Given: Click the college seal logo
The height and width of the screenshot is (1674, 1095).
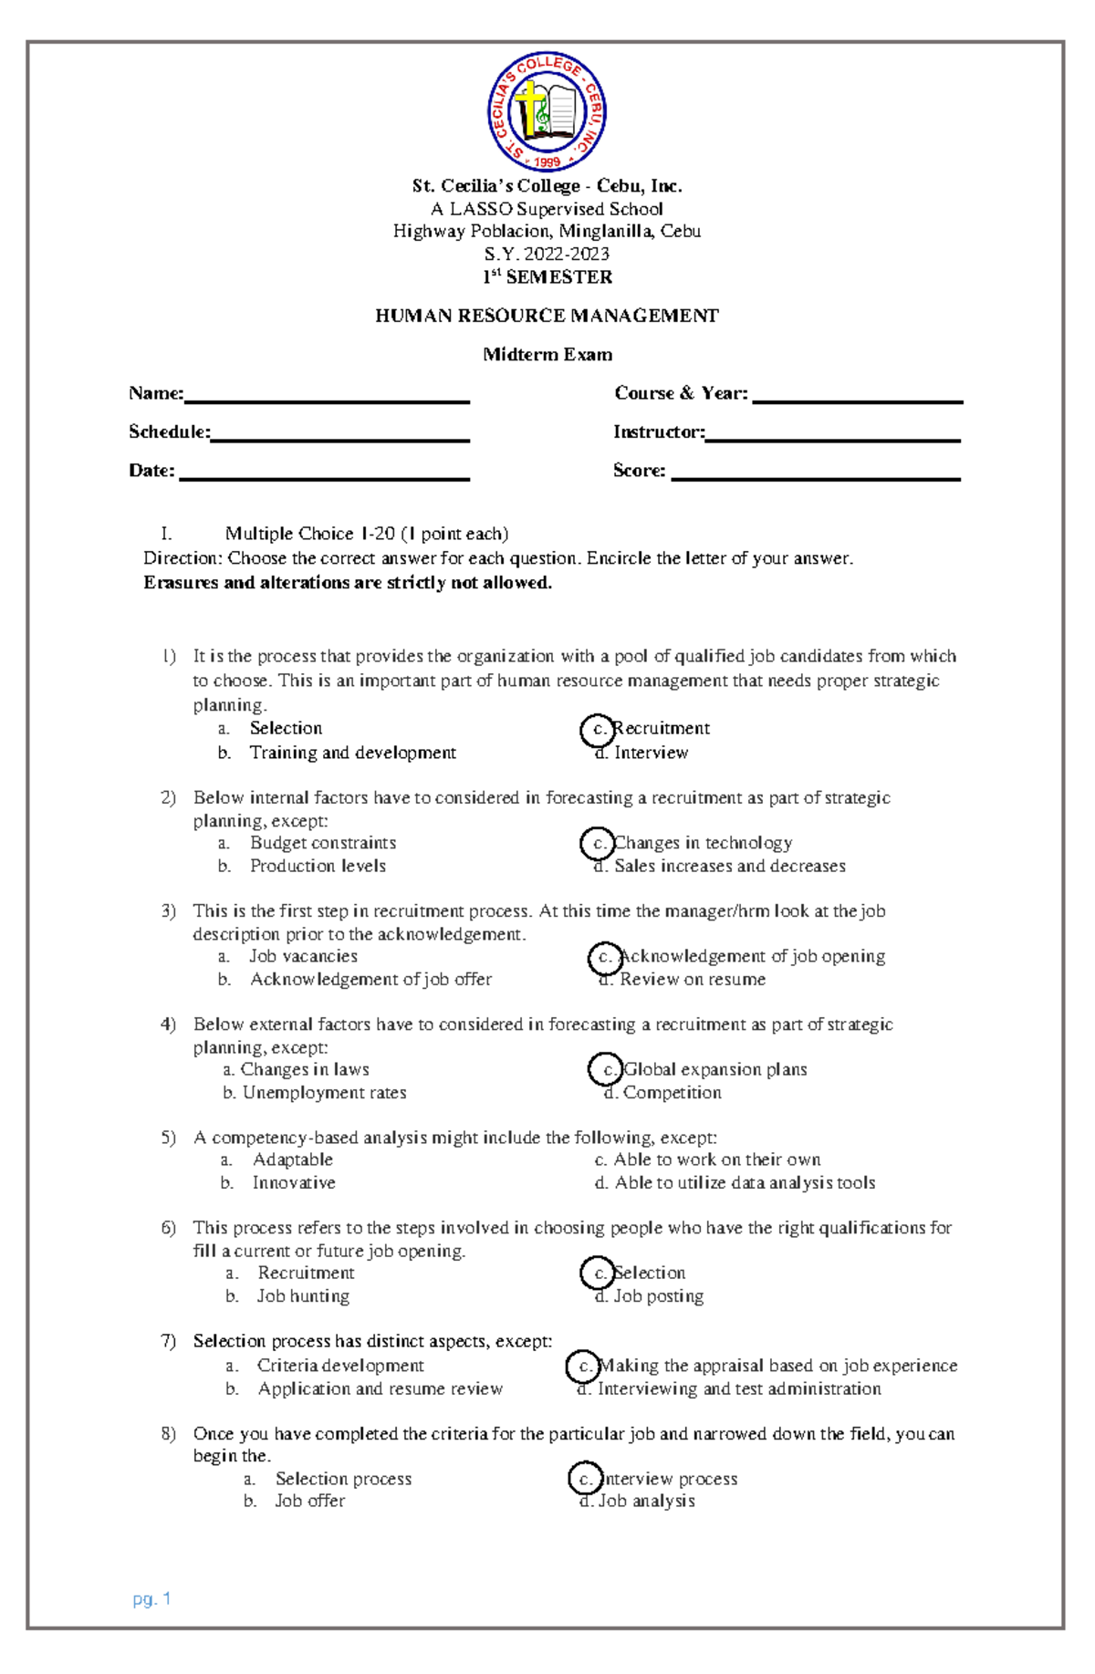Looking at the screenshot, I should pos(547,111).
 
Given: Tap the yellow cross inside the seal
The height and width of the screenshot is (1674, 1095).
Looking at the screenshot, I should pos(528,109).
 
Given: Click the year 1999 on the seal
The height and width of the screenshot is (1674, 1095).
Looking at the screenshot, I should pos(547,162).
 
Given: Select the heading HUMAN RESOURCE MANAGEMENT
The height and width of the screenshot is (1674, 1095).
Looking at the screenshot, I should pos(547,316).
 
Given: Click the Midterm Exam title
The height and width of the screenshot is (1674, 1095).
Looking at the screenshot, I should pos(547,354).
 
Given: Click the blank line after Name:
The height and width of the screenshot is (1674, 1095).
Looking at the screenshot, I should pos(326,398).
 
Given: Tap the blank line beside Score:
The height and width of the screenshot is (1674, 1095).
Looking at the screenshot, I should pos(815,475).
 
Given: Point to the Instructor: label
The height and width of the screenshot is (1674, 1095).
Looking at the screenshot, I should pos(658,431).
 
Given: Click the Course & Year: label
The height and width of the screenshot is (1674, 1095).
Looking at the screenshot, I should pos(680,393).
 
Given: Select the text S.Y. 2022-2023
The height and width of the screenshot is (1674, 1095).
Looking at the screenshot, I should pos(547,254).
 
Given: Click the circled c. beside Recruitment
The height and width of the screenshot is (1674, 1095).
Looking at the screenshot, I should pos(598,729).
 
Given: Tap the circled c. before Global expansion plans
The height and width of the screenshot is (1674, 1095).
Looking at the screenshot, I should pos(606,1069).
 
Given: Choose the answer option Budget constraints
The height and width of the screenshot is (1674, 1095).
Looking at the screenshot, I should pos(323,843).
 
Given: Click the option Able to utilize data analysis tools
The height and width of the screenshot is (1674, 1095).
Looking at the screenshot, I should pos(745,1182).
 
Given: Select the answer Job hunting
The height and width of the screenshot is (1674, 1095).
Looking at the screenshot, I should pos(303,1295).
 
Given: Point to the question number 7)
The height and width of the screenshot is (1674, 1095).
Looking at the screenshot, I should pos(168,1341).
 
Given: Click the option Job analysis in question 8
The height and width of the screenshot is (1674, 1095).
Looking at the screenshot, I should pos(646,1501).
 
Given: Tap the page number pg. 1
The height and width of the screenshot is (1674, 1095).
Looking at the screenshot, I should pos(151,1598).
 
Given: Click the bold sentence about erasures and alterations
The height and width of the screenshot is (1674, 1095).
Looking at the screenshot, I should pos(348,582).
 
